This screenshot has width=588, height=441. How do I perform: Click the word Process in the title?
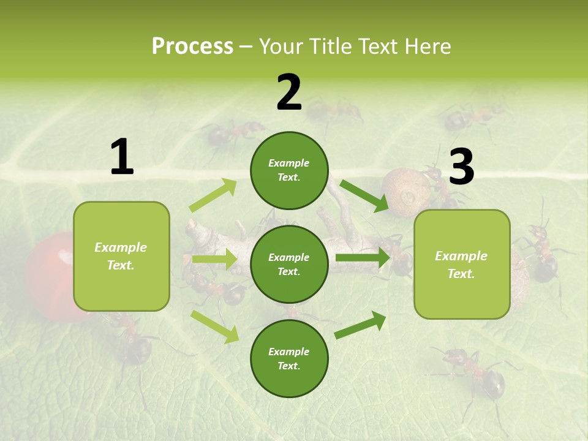(192, 47)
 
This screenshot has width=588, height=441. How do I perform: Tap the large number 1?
(122, 157)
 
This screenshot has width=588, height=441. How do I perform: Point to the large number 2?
(289, 92)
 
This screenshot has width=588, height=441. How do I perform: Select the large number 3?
(462, 167)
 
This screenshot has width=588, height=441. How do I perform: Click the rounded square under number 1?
(121, 256)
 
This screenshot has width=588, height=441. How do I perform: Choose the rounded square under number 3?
(462, 264)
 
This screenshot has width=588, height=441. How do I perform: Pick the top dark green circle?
(289, 170)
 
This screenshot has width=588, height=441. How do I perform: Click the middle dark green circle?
(289, 264)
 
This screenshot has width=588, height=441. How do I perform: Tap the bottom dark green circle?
(289, 358)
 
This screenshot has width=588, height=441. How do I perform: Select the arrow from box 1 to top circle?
(213, 195)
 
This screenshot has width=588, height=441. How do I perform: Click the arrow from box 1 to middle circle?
(214, 259)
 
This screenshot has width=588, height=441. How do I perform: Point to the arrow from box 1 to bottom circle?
(214, 326)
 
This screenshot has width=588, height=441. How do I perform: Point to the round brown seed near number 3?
(401, 193)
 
